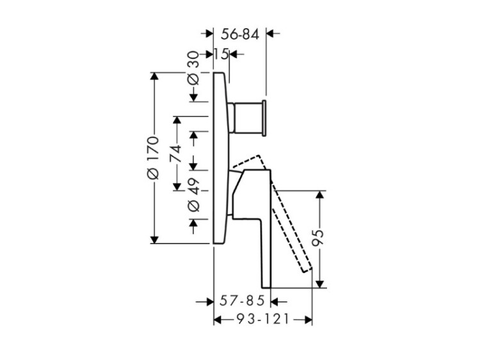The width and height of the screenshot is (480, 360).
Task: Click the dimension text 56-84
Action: (x=240, y=35)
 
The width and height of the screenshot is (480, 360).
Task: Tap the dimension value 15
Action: (x=221, y=54)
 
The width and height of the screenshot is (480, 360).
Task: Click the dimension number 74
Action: (x=176, y=154)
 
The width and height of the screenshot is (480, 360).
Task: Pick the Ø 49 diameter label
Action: (x=193, y=194)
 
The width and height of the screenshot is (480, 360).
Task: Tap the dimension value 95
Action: (x=317, y=238)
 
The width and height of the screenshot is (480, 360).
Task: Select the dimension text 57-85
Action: (x=242, y=301)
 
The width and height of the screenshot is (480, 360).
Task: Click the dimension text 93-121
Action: (x=263, y=320)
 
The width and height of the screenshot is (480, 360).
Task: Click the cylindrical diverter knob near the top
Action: (x=248, y=117)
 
